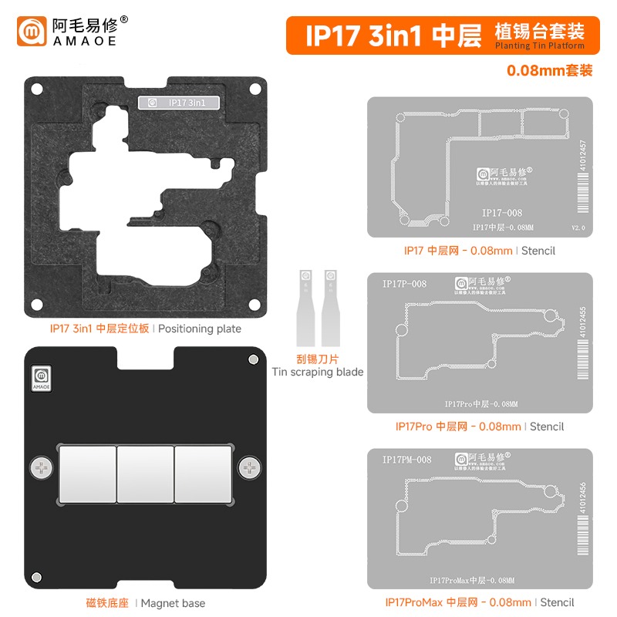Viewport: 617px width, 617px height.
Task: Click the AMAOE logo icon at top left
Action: point(33,32)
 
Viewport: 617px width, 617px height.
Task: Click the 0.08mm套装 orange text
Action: point(549,70)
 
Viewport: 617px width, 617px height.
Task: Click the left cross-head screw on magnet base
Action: point(39,467)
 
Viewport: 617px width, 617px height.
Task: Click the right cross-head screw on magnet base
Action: point(249,467)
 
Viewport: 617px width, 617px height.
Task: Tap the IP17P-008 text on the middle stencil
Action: point(404,284)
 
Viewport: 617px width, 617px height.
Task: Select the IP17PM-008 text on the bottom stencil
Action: point(406,460)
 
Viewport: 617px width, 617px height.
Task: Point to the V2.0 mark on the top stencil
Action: point(578,228)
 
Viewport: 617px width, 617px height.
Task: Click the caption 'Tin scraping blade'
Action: point(318,372)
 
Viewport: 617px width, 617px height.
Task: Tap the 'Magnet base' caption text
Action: point(174,603)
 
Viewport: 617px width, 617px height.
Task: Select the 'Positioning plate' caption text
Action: point(200,329)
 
